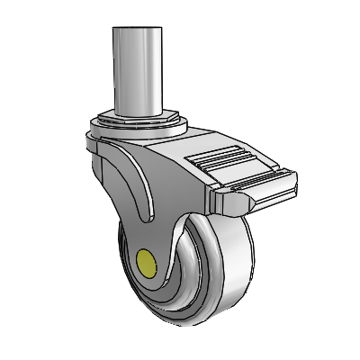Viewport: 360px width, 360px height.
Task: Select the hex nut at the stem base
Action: (x=139, y=121)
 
